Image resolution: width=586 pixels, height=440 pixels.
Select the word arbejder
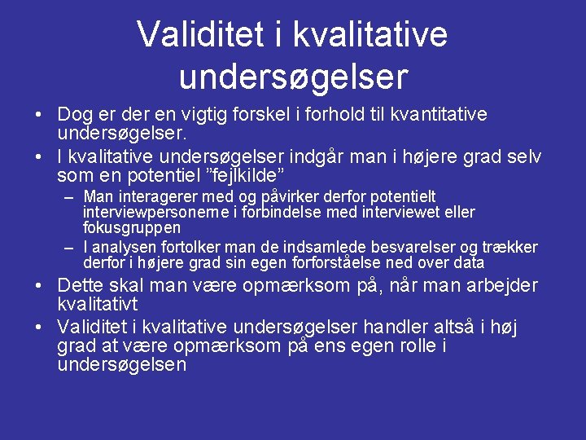coord(500,286)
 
